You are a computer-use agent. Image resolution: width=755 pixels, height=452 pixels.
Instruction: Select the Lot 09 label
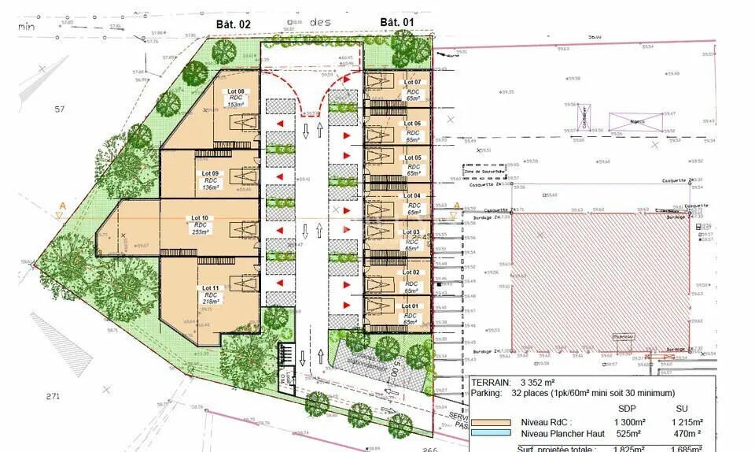210,173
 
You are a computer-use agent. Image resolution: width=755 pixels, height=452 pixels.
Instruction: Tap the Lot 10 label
200,217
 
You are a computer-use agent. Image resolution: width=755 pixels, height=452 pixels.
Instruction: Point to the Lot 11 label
209,287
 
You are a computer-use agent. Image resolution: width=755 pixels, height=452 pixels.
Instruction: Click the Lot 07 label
412,83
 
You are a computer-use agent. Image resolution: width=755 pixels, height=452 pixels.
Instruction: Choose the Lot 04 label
412,195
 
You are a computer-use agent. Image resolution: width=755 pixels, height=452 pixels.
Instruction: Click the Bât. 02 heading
233,24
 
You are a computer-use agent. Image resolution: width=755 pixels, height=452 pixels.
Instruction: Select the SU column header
682,409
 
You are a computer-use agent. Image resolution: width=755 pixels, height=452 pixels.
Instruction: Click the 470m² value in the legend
687,433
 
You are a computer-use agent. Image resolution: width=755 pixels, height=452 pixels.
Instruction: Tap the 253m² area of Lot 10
201,232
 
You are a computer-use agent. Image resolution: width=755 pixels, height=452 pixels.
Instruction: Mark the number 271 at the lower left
53,396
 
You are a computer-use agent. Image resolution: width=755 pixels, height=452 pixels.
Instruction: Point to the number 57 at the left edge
58,109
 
